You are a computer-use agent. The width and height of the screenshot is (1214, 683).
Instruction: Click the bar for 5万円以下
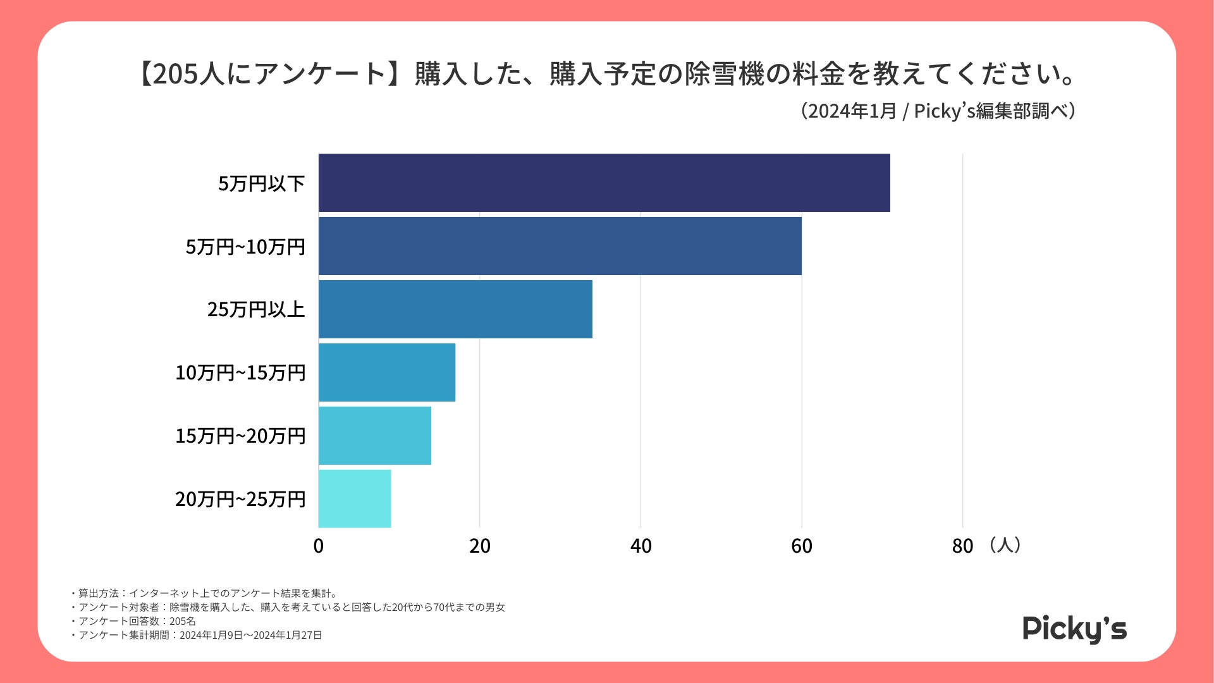tap(604, 183)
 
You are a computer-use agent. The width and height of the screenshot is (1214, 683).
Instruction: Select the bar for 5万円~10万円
tap(560, 246)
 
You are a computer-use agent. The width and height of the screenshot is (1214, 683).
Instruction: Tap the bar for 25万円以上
tap(455, 309)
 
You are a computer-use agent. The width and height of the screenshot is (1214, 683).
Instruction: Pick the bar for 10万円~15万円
tap(387, 372)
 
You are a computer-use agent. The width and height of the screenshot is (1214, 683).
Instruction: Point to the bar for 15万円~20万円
tap(375, 436)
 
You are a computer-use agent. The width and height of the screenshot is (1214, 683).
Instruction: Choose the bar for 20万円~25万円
tap(355, 499)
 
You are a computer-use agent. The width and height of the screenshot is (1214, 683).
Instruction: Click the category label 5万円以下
tap(262, 183)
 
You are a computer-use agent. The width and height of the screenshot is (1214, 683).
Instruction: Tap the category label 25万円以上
tap(256, 309)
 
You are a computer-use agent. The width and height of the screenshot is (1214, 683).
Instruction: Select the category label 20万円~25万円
tap(240, 499)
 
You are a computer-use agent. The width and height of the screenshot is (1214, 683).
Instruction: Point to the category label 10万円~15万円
tap(240, 372)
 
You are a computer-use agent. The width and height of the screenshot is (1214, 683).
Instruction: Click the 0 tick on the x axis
tap(319, 546)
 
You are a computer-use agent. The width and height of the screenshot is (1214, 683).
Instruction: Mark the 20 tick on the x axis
tap(480, 546)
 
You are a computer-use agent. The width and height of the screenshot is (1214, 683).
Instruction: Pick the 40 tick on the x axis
tap(641, 546)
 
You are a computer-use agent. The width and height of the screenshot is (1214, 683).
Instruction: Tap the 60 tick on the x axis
tap(802, 546)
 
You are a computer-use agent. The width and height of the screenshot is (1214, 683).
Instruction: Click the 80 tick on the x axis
tap(962, 546)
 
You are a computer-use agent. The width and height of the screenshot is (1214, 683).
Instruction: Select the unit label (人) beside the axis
tap(1004, 545)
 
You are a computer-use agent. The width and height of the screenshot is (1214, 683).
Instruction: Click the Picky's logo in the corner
tap(1074, 629)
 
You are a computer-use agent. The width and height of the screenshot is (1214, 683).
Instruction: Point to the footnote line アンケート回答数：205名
tap(137, 621)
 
